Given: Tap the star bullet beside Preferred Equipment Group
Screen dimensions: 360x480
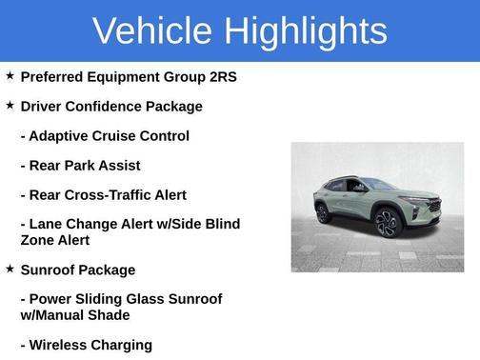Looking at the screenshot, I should tap(10, 75).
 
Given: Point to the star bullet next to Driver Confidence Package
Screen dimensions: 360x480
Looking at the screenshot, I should tap(10, 105).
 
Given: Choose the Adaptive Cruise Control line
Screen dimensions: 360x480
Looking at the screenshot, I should tap(105, 136).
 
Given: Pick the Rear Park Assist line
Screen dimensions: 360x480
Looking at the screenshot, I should tap(82, 166).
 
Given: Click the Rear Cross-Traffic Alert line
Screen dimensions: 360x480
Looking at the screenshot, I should tap(103, 195).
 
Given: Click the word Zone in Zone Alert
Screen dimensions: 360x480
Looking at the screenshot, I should tap(39, 241).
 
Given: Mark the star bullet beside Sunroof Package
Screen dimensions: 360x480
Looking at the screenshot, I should tap(10, 270).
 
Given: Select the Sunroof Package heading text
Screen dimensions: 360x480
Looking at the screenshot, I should tap(78, 270).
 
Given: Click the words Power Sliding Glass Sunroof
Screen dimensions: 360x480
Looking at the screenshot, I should tap(121, 299).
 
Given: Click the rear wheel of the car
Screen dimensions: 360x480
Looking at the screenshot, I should tap(323, 213).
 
